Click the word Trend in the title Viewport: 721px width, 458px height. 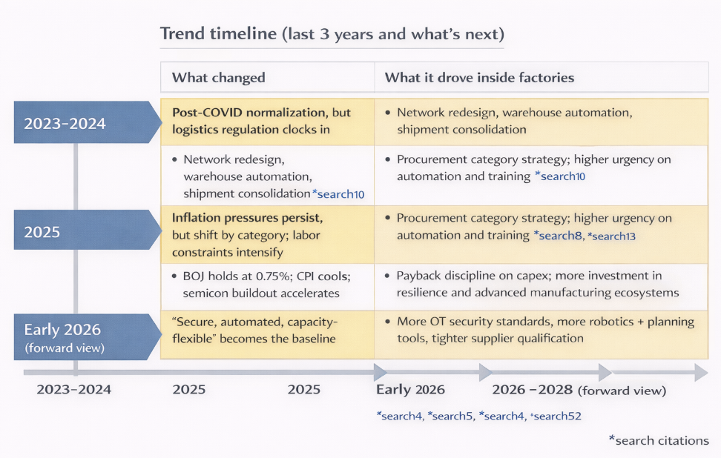pos(182,34)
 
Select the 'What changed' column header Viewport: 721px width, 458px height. pos(218,78)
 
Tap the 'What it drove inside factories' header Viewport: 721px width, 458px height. pos(479,78)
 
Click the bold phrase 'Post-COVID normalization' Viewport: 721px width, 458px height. pos(248,113)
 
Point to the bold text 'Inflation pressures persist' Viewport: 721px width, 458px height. pos(247,217)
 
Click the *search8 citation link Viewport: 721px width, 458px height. pos(558,236)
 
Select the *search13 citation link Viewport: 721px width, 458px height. pos(611,236)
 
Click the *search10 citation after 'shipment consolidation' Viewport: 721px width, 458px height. pos(338,194)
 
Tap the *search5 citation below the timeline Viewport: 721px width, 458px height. pos(450,416)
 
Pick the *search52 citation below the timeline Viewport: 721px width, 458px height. pos(556,416)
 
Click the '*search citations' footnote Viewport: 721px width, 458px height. pos(659,440)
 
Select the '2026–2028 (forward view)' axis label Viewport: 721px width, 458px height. pos(579,390)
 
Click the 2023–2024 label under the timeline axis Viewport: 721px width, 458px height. pos(74,390)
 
